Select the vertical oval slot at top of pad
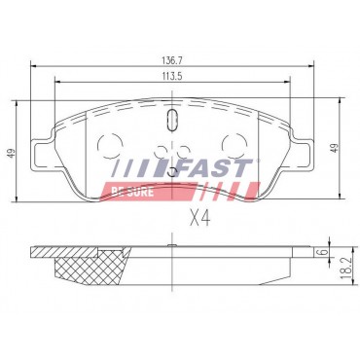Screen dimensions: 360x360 (172, 120)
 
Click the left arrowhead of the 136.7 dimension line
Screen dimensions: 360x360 (35, 66)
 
